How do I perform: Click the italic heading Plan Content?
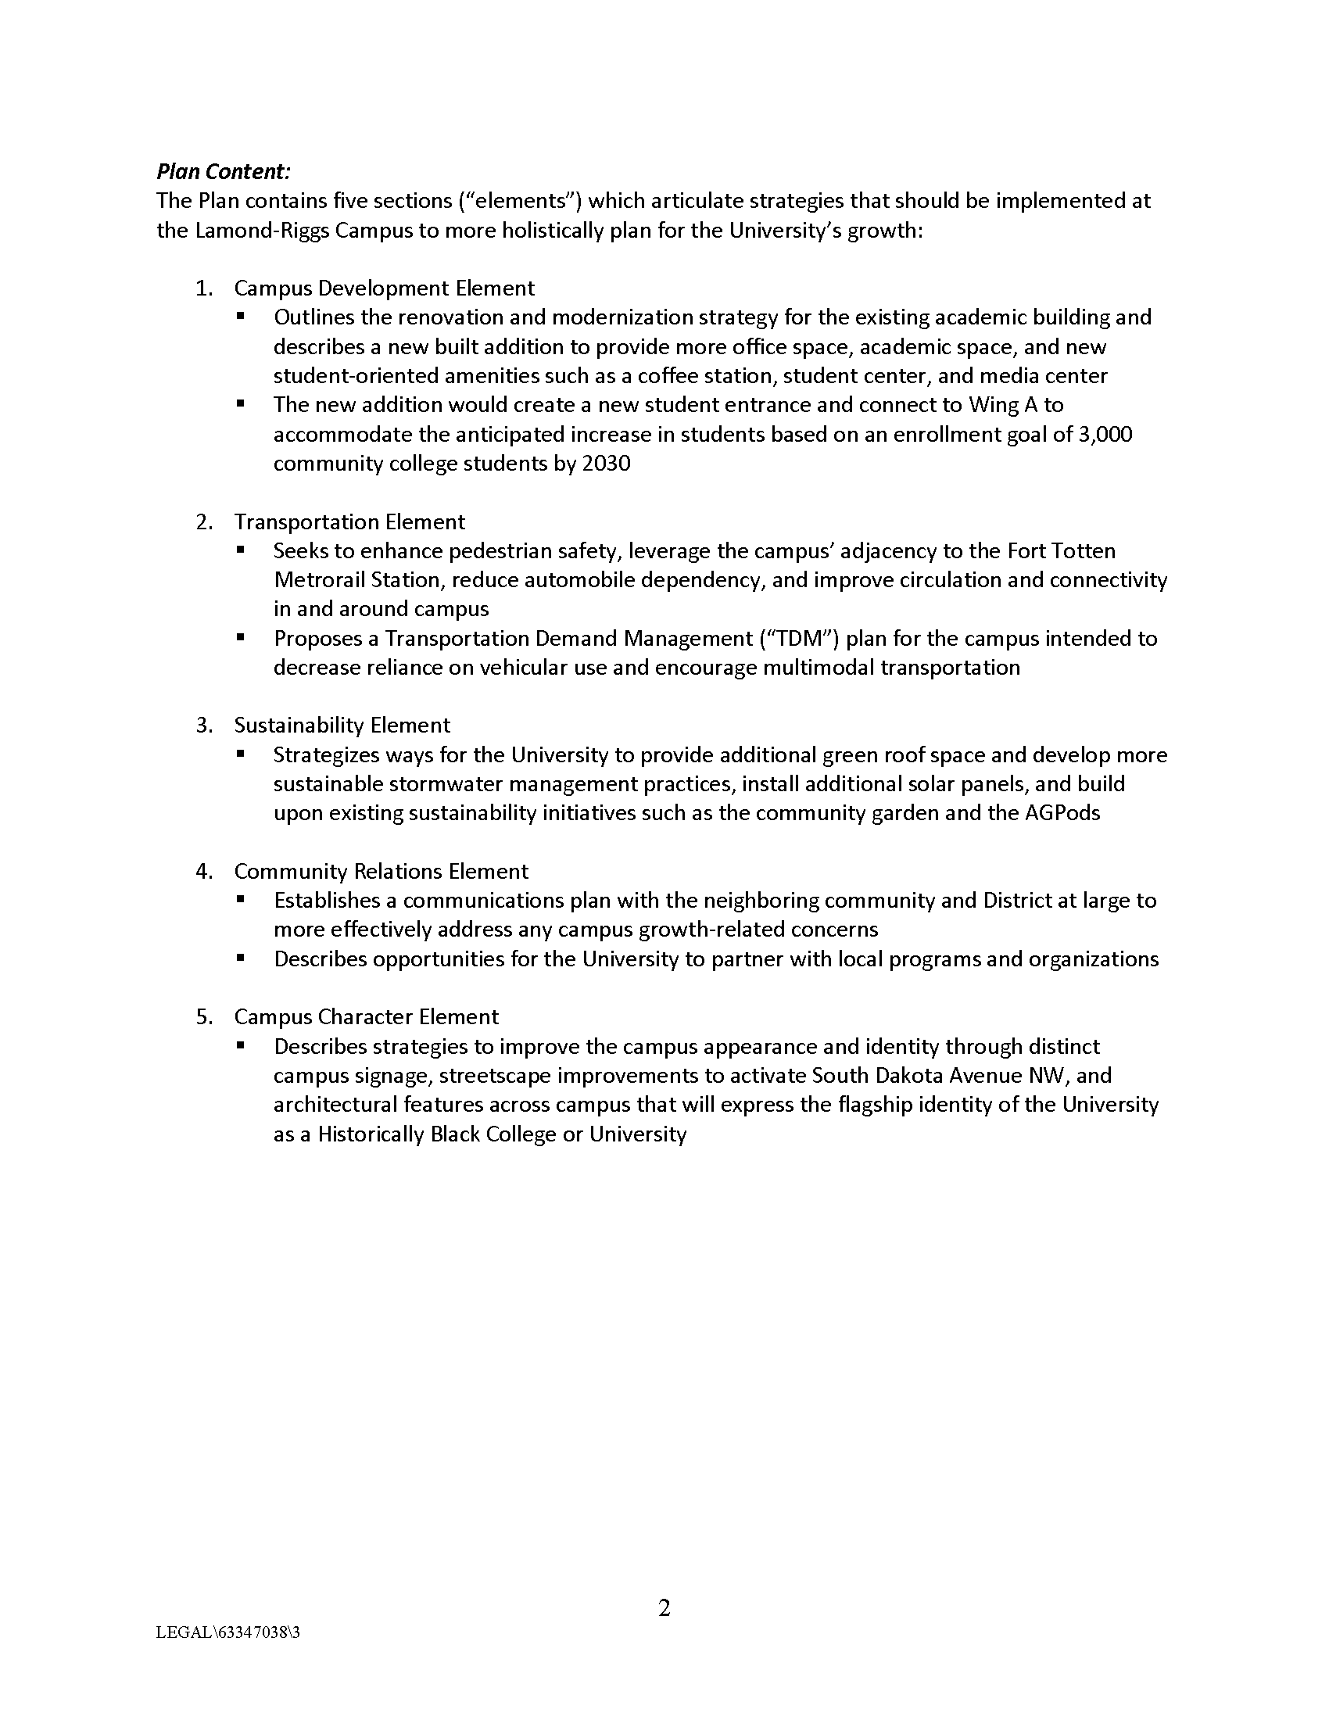click(x=224, y=172)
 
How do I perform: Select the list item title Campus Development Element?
click(x=384, y=288)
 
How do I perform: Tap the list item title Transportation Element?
click(x=349, y=522)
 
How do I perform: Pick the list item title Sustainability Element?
click(x=342, y=726)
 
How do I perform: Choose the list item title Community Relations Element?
click(x=381, y=871)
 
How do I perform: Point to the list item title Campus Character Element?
click(x=366, y=1016)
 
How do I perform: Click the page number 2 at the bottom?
click(x=664, y=1607)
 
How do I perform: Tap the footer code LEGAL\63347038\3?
click(x=228, y=1632)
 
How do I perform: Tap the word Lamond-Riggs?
click(x=256, y=231)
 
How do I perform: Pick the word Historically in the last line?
click(x=371, y=1134)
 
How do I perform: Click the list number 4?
click(x=203, y=871)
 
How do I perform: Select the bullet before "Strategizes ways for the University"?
click(x=241, y=754)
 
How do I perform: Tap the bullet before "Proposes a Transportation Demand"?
click(x=241, y=638)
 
